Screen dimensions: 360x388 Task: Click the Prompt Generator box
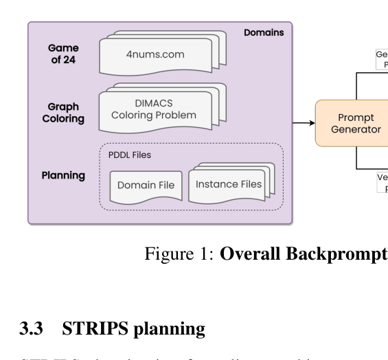point(351,123)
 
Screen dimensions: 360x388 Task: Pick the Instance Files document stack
point(229,183)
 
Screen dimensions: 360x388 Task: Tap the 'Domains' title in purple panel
point(264,34)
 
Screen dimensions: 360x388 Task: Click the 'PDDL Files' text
point(129,155)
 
